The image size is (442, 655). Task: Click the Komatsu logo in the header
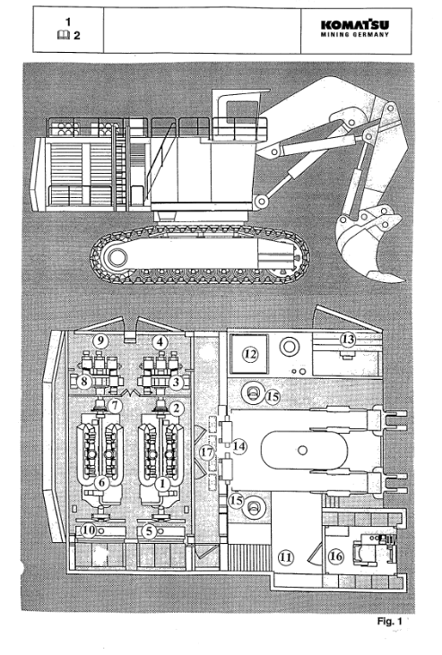[355, 29]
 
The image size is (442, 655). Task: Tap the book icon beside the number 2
[63, 36]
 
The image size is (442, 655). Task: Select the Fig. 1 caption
[389, 621]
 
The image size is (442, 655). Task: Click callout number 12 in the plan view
[250, 355]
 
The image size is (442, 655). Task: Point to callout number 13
[348, 340]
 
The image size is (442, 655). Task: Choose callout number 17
[207, 452]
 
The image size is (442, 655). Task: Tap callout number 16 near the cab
[336, 556]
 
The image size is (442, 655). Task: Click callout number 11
[286, 557]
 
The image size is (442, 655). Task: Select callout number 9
[100, 340]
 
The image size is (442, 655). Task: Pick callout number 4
[160, 342]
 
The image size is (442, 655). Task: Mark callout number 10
[88, 531]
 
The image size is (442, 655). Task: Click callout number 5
[150, 531]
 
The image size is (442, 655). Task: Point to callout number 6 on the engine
[101, 483]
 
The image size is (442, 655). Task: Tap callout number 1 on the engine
[162, 484]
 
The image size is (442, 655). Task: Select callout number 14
[238, 446]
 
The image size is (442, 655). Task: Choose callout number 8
[84, 381]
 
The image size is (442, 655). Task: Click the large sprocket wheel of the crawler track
[117, 258]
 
